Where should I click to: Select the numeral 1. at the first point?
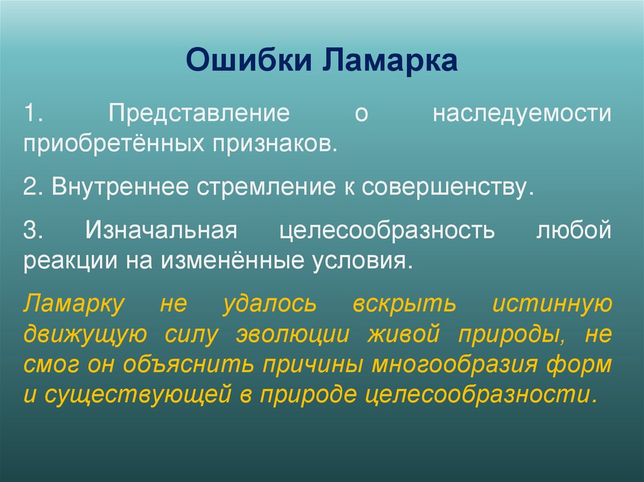point(33,115)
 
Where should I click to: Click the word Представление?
point(194,115)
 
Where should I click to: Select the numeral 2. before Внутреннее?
point(33,187)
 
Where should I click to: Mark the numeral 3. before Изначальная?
point(33,230)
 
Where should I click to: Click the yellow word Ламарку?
point(74,304)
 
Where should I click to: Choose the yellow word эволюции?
point(292,334)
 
